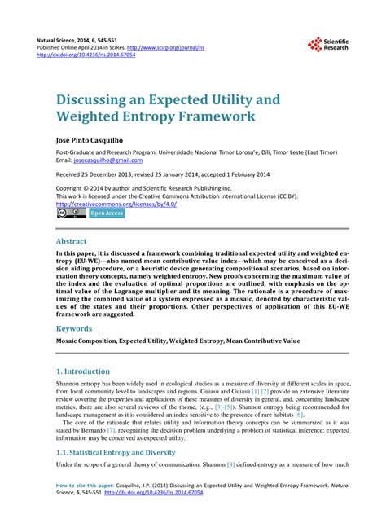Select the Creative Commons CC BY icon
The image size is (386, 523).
coord(71,213)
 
